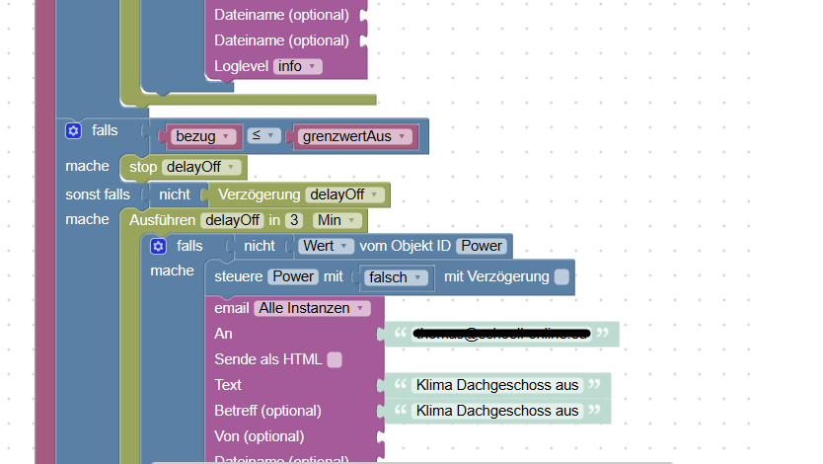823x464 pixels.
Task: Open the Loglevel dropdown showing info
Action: pyautogui.click(x=297, y=66)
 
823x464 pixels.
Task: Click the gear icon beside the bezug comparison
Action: pyautogui.click(x=73, y=130)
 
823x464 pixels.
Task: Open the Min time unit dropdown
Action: pyautogui.click(x=334, y=220)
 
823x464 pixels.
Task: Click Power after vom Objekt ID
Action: pyautogui.click(x=481, y=246)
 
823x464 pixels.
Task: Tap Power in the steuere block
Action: pyautogui.click(x=294, y=277)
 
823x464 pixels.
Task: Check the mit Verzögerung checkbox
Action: pyautogui.click(x=561, y=277)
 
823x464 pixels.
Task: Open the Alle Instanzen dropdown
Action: pyautogui.click(x=311, y=308)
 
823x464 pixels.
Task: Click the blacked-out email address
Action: pyautogui.click(x=501, y=335)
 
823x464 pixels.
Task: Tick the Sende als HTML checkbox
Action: pyautogui.click(x=335, y=359)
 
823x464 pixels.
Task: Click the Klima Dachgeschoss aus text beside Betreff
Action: pyautogui.click(x=497, y=411)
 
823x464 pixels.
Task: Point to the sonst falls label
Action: pyautogui.click(x=98, y=194)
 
